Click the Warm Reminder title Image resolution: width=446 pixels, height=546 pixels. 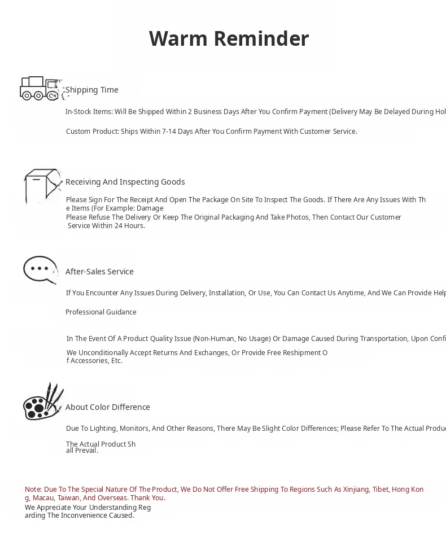(229, 39)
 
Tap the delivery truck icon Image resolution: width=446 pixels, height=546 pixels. (40, 89)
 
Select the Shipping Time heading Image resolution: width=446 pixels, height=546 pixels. (92, 90)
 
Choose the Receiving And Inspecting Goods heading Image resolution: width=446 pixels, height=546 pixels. (125, 182)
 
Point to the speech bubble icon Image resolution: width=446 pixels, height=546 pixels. (40, 270)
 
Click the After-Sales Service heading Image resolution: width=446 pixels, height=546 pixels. (99, 272)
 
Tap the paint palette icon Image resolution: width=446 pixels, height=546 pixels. (42, 403)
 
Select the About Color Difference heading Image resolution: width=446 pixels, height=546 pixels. (108, 407)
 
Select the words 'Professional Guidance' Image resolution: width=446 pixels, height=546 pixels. (101, 312)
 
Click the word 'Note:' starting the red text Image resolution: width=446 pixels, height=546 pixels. (33, 490)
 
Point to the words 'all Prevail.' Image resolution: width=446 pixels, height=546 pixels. (82, 451)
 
